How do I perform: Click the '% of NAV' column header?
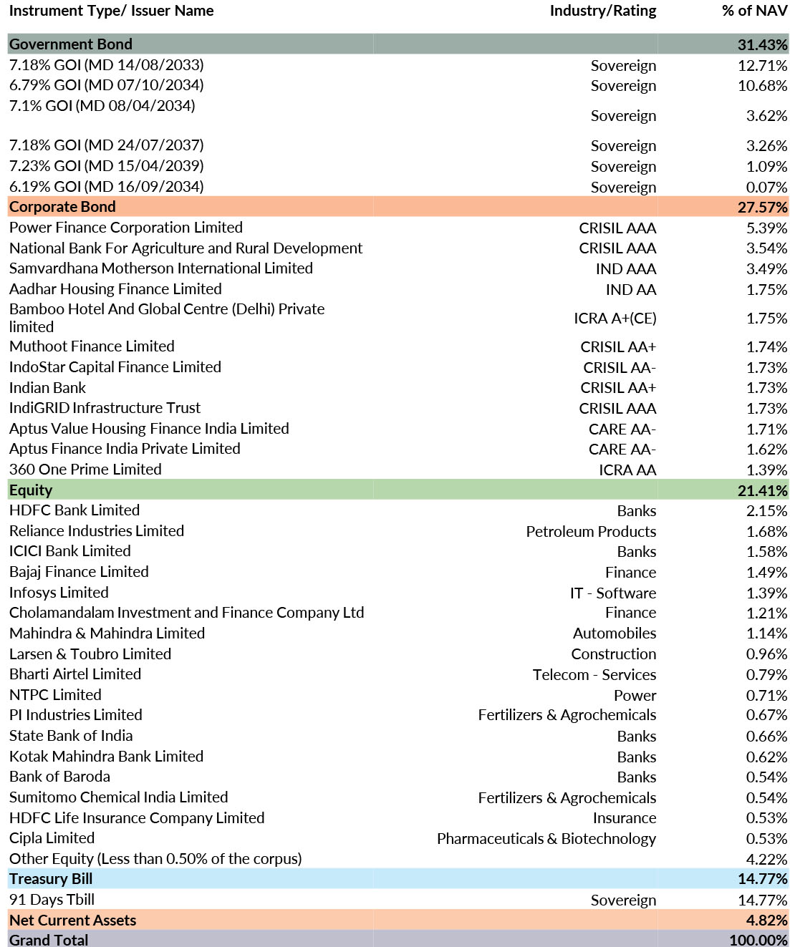tap(754, 11)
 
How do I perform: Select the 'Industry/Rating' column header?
tap(602, 11)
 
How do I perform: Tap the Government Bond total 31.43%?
tap(762, 44)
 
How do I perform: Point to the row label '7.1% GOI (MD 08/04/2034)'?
tap(102, 106)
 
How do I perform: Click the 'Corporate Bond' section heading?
tap(62, 207)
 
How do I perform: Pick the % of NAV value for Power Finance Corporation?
tap(766, 228)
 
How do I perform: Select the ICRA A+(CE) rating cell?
tap(615, 319)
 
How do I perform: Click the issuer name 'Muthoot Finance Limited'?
tap(92, 346)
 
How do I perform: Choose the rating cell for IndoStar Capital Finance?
tap(619, 367)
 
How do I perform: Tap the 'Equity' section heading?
tap(31, 490)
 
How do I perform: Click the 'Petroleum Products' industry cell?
tap(590, 532)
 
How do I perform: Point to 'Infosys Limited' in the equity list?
tap(59, 593)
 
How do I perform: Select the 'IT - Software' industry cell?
tap(612, 593)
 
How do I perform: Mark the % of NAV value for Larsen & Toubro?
tap(766, 654)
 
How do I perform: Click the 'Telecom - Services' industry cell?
tap(594, 675)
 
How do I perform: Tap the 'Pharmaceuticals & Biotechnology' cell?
tap(546, 839)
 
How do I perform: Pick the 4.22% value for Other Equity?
tap(766, 859)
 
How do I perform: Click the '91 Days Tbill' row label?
tap(52, 900)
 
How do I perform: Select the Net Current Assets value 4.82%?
tap(766, 921)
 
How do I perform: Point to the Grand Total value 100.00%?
tap(758, 940)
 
